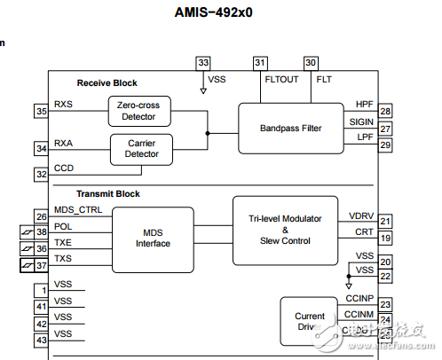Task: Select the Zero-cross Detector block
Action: pos(138,111)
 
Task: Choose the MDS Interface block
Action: pos(153,239)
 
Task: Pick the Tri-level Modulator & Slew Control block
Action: pos(285,230)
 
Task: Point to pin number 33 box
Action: pos(204,63)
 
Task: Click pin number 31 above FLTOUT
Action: pos(260,63)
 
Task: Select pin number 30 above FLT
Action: pos(311,63)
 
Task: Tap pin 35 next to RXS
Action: pos(42,111)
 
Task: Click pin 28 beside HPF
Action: pos(385,111)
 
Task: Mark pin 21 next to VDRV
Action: pos(385,221)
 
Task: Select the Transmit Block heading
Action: pos(107,194)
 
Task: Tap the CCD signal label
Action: pos(64,168)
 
